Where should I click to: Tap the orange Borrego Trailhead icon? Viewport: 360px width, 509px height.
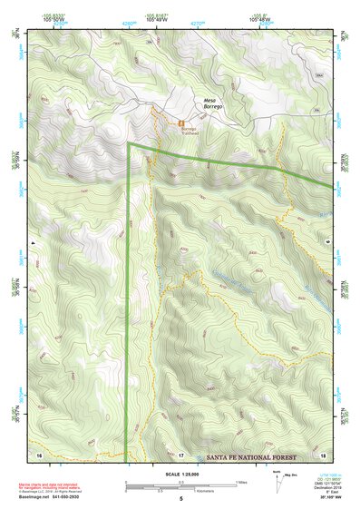(x=182, y=121)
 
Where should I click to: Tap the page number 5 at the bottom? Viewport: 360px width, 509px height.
(x=181, y=499)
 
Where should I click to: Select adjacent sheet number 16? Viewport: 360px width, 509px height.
(x=40, y=453)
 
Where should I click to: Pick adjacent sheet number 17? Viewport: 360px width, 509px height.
(x=181, y=453)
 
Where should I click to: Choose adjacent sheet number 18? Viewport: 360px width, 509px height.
(x=323, y=453)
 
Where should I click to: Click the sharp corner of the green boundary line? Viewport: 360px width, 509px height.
(x=129, y=143)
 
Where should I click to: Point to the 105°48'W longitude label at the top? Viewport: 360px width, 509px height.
(x=260, y=17)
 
